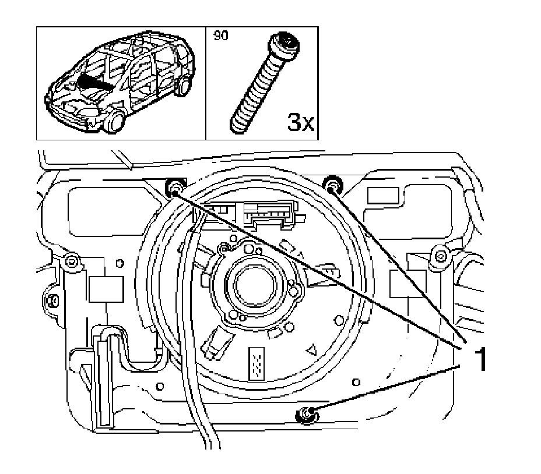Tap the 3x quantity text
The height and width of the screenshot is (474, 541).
point(301,123)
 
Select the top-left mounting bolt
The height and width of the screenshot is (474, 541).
point(174,188)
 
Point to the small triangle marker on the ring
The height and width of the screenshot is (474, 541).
point(312,349)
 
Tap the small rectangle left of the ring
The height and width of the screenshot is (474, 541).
point(106,288)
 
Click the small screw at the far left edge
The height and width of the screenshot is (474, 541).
point(52,300)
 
